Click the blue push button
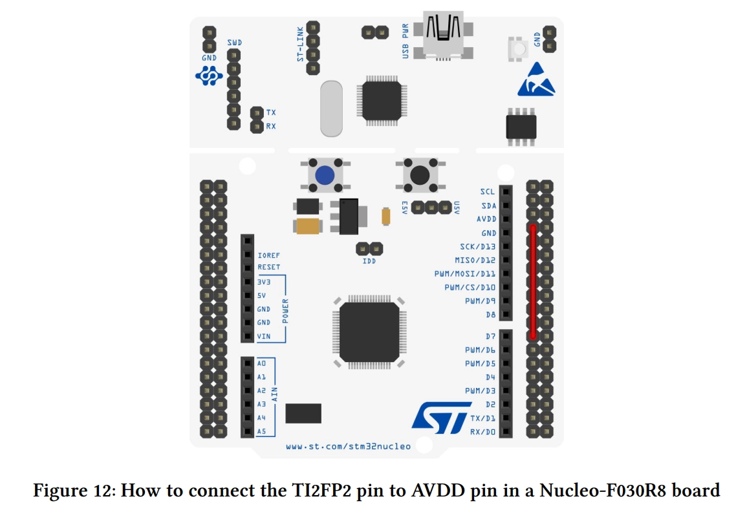pyautogui.click(x=325, y=175)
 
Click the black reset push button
pyautogui.click(x=420, y=175)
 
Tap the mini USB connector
pyautogui.click(x=444, y=36)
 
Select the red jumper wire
pyautogui.click(x=533, y=281)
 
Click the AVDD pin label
pyautogui.click(x=486, y=219)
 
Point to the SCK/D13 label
pyautogui.click(x=477, y=247)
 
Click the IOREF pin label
pyautogui.click(x=268, y=256)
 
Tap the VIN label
pyautogui.click(x=263, y=336)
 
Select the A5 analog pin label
pyautogui.click(x=261, y=431)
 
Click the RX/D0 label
pyautogui.click(x=482, y=432)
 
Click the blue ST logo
pyautogui.click(x=441, y=418)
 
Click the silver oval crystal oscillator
pyautogui.click(x=331, y=109)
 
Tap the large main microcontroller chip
pyautogui.click(x=369, y=332)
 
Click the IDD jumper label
pyautogui.click(x=369, y=261)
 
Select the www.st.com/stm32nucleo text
pyautogui.click(x=348, y=446)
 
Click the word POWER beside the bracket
pyautogui.click(x=285, y=311)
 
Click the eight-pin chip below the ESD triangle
pyautogui.click(x=521, y=127)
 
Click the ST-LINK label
pyautogui.click(x=300, y=45)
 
